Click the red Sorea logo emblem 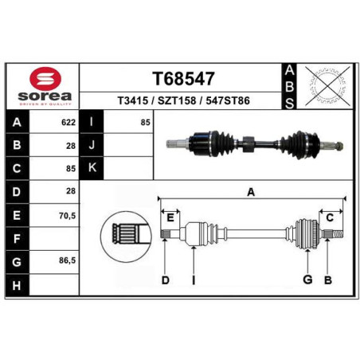45,79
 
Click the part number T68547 183,79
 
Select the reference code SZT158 177,101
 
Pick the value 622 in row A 68,123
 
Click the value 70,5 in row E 68,216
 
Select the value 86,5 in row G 68,260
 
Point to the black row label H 17,286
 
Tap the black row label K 92,168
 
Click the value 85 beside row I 146,123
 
